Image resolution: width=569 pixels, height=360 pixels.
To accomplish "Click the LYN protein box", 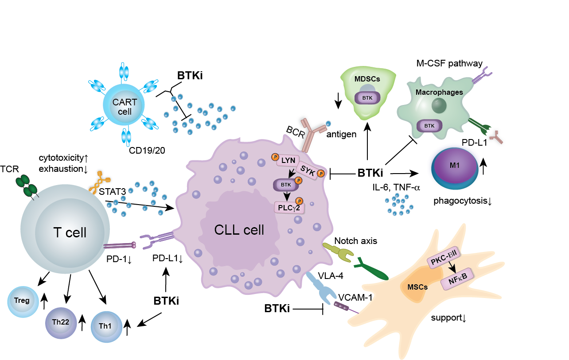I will coord(288,161).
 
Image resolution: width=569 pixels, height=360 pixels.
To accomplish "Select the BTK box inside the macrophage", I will coord(429,126).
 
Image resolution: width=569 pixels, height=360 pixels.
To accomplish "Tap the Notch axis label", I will coord(356,242).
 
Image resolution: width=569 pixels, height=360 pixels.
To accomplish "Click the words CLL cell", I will coord(239,230).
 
